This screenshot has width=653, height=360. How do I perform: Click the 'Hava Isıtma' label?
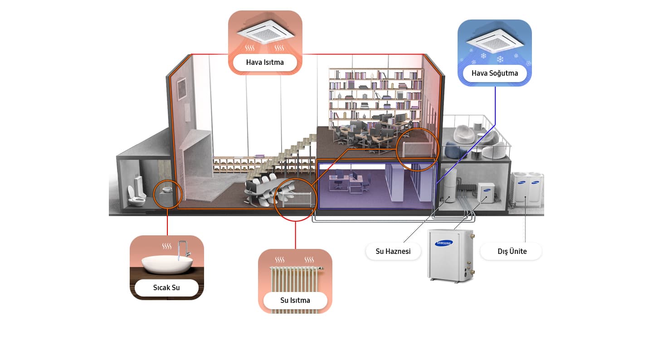[x=265, y=62]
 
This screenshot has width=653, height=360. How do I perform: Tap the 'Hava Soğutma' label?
[x=495, y=73]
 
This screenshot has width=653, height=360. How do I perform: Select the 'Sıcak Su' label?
[x=166, y=287]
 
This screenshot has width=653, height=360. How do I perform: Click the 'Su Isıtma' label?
[x=295, y=300]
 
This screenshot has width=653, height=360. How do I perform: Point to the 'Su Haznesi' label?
[x=393, y=251]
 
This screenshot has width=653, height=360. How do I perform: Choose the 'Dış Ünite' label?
[x=512, y=251]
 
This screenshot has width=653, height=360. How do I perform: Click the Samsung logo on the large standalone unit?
[x=443, y=243]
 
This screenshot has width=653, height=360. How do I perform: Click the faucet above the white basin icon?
[x=184, y=250]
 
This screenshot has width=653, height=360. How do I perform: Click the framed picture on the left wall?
[x=181, y=88]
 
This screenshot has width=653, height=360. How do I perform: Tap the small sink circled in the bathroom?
[x=167, y=190]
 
